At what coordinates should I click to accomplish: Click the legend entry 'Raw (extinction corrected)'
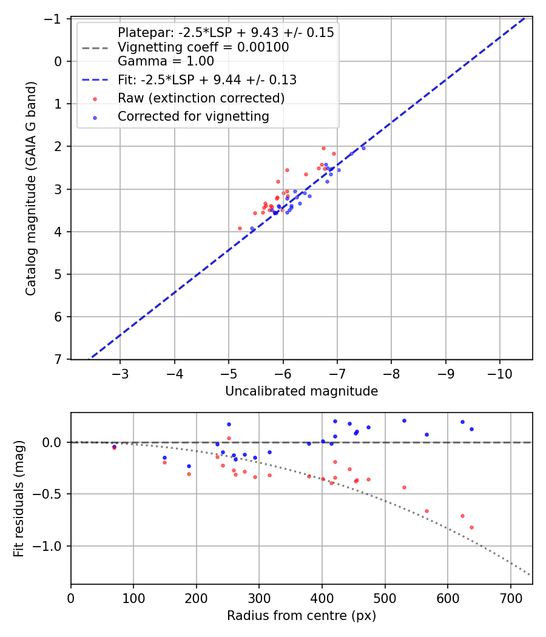(x=201, y=98)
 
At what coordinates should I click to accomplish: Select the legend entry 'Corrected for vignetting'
(x=194, y=116)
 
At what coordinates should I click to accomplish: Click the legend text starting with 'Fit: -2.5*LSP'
(x=207, y=79)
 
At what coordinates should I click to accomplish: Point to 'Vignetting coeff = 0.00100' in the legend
(x=203, y=47)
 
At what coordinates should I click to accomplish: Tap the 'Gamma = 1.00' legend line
(x=166, y=61)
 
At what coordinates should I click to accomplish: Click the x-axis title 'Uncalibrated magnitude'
(x=302, y=391)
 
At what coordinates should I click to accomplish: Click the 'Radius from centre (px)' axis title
(x=302, y=616)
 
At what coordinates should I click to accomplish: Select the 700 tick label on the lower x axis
(x=510, y=598)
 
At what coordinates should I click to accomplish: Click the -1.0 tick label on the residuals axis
(x=52, y=546)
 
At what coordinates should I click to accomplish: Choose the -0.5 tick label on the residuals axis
(x=52, y=494)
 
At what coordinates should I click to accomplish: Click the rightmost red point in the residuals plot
(x=471, y=527)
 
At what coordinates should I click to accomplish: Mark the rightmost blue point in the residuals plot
(x=471, y=429)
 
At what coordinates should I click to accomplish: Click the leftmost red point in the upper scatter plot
(x=240, y=228)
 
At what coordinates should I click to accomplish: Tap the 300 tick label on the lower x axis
(x=259, y=598)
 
